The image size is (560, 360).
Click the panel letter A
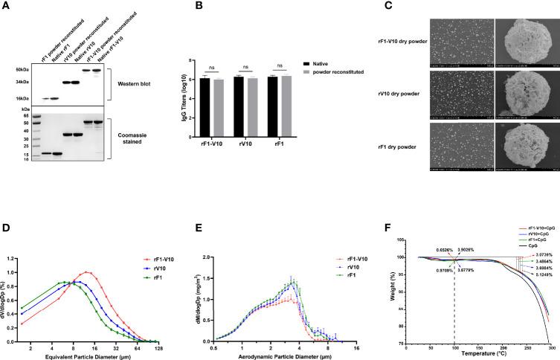6,5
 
